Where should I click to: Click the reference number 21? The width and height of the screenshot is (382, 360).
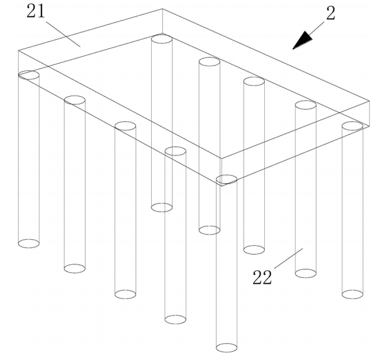tap(36, 11)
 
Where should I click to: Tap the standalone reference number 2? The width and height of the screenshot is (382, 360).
tap(330, 13)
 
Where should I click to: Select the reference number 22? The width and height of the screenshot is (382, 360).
tap(262, 277)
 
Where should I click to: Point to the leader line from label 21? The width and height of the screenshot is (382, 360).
tap(63, 34)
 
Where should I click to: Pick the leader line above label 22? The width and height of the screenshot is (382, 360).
tap(289, 259)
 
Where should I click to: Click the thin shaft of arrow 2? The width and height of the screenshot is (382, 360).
tap(317, 28)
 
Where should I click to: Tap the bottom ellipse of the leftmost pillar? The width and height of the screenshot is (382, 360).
tap(29, 243)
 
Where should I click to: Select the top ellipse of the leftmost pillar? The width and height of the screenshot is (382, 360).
tap(29, 75)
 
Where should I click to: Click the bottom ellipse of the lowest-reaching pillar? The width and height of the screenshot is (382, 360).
tap(227, 348)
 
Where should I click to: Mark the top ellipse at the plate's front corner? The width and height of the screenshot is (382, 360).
tap(227, 179)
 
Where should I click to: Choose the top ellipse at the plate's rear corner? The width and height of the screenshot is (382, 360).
tap(162, 39)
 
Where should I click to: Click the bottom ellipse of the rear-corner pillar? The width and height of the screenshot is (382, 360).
tap(162, 208)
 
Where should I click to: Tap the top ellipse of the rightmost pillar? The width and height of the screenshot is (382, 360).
tap(352, 126)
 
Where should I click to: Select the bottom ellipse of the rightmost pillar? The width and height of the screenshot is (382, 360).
tap(352, 294)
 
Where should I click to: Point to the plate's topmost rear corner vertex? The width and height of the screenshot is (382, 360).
tap(162, 9)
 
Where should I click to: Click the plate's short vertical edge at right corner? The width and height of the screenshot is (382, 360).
tap(370, 114)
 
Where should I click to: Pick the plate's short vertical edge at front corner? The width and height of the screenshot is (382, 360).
tap(221, 172)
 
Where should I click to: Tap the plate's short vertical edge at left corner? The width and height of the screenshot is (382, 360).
tap(19, 63)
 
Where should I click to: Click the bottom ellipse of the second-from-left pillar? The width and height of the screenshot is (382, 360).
tap(74, 269)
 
